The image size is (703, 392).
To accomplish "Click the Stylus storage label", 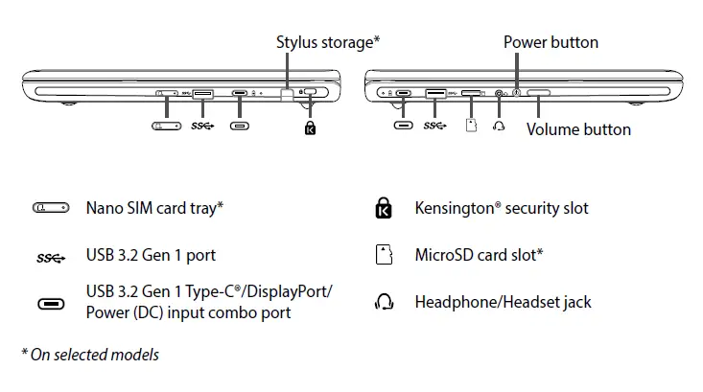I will point(328,41).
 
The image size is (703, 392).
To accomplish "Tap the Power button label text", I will point(551,42).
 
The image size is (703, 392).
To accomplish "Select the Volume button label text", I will point(578,128).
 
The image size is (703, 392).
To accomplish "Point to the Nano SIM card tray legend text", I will point(154,207).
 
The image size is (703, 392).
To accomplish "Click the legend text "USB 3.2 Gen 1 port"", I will point(151,255).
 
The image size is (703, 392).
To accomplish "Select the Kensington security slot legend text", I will point(502,207).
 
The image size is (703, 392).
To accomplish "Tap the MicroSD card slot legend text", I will point(479,255).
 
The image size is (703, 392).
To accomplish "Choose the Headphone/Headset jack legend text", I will point(503,302).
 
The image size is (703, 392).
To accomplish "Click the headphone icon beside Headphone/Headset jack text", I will point(384,303).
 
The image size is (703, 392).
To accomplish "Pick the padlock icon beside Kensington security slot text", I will point(384,208).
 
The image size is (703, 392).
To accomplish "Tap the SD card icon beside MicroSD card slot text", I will point(384,255).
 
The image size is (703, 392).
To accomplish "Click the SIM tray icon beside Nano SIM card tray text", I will point(51,208).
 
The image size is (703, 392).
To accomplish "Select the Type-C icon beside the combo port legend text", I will point(51,304).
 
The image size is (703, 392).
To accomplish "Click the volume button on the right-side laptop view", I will point(538,94).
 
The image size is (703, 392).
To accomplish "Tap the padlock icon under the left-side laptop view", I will point(309,127).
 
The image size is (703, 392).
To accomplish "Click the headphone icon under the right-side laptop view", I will point(498,126).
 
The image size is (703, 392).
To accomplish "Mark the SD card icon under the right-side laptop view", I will point(470,126).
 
